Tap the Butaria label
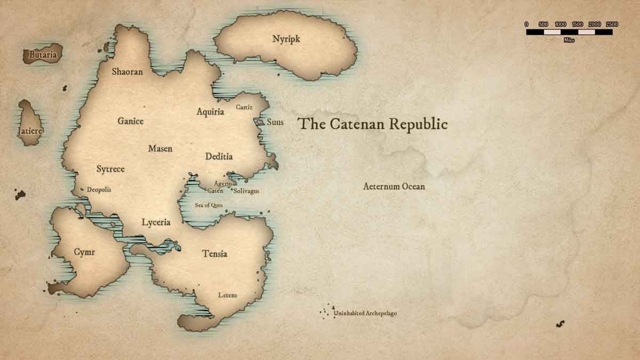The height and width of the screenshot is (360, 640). (43, 54)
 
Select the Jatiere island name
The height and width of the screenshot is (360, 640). (30, 131)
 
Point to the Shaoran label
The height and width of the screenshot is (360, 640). (127, 71)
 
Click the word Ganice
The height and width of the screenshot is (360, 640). (131, 121)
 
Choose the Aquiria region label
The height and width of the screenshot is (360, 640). (210, 112)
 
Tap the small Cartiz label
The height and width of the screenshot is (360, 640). (244, 107)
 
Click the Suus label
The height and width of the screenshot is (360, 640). (275, 122)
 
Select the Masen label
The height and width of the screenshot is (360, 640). (160, 148)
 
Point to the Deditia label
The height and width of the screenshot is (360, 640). (219, 157)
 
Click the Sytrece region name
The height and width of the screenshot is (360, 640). (110, 169)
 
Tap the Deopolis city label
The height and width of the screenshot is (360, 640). (99, 190)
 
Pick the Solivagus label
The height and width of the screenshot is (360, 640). (246, 191)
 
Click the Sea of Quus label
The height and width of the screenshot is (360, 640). (209, 205)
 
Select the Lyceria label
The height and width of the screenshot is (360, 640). (156, 222)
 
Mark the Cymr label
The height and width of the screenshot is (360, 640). (84, 252)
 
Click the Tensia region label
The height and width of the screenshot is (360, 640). (214, 254)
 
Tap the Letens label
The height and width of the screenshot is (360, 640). (228, 295)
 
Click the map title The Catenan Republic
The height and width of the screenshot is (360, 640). (373, 124)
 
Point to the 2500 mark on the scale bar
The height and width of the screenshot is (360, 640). (612, 25)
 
